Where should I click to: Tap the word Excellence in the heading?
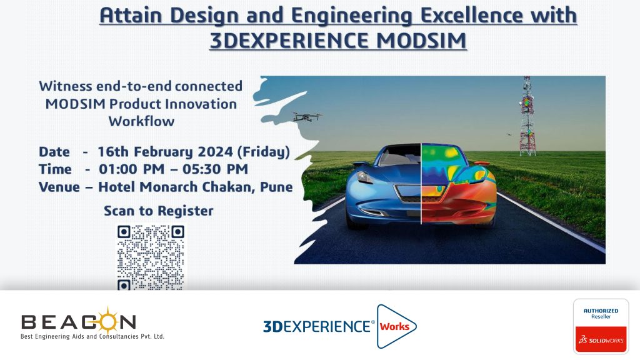472,16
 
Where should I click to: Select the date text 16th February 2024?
165,152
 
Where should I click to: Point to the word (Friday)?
263,152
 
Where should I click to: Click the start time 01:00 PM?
131,169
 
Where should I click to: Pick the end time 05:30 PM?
215,169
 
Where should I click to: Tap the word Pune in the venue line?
276,187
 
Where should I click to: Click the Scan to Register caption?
158,211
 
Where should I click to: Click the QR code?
151,257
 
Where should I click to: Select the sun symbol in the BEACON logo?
107,321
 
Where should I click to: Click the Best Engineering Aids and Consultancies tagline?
92,336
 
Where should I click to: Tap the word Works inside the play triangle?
394,326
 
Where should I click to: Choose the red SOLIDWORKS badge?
601,339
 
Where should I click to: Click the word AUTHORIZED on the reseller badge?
601,311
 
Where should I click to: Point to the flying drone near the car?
307,117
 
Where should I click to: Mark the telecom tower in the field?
527,116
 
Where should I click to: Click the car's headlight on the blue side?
364,177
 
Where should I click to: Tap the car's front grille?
408,192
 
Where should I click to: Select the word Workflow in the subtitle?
141,121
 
